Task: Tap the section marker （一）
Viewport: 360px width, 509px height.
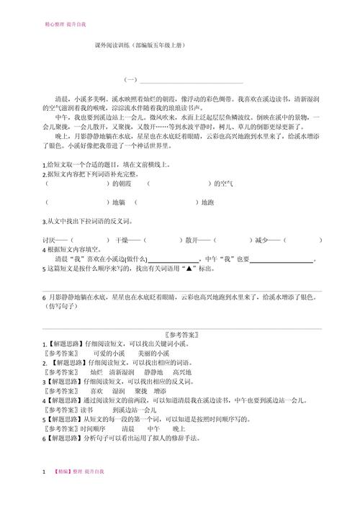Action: pos(131,79)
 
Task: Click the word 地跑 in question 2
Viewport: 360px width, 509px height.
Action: pos(207,203)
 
